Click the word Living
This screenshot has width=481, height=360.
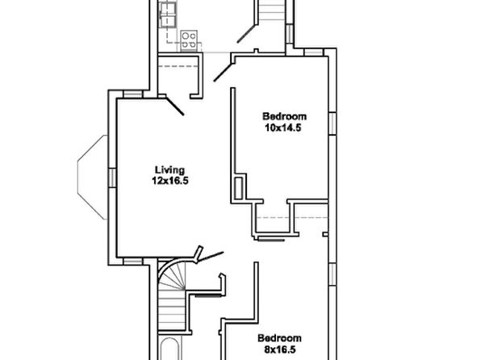pos(169,170)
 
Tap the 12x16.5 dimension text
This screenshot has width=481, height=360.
pos(170,181)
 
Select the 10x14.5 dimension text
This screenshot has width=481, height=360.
pos(283,128)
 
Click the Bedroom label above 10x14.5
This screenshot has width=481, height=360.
pos(284,116)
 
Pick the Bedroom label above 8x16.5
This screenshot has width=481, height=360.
pos(279,338)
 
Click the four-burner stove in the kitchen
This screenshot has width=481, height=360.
pos(189,40)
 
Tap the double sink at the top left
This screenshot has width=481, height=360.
pos(168,15)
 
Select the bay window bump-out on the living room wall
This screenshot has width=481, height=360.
pos(92,177)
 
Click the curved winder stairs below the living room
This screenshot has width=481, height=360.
pos(172,276)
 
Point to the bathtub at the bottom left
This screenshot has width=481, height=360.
pos(169,350)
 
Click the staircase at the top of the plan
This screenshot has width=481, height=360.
pos(272,10)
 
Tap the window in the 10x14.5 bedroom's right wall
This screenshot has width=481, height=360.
pos(333,123)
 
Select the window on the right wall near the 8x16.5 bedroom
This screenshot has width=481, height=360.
pos(333,274)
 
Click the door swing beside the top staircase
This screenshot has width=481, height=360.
pos(246,34)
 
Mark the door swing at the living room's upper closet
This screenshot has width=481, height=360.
pos(175,107)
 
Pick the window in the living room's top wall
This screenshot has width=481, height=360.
pos(133,94)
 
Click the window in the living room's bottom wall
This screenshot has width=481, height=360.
pos(133,262)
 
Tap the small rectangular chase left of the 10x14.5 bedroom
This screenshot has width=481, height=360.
pos(239,187)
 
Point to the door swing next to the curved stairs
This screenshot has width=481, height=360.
pos(210,257)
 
